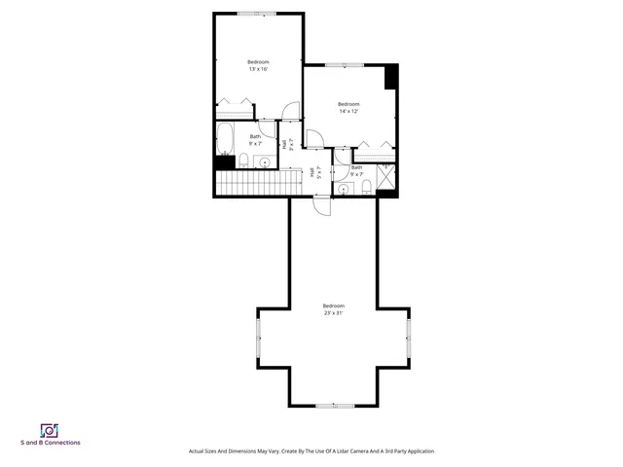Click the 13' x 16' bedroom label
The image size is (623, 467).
pyautogui.click(x=257, y=66)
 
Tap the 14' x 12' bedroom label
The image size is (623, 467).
pyautogui.click(x=348, y=108)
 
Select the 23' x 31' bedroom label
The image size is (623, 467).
pyautogui.click(x=333, y=309)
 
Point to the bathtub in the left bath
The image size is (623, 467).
pyautogui.click(x=224, y=140)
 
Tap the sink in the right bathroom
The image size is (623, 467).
pyautogui.click(x=344, y=189)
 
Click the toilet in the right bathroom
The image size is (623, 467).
pyautogui.click(x=366, y=187)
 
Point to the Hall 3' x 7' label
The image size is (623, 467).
pyautogui.click(x=284, y=144)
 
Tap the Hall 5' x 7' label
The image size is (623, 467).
pyautogui.click(x=311, y=173)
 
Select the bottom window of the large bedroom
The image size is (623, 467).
pyautogui.click(x=333, y=405)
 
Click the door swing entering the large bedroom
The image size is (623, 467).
pyautogui.click(x=322, y=205)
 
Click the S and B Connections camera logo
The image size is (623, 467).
pyautogui.click(x=49, y=430)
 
